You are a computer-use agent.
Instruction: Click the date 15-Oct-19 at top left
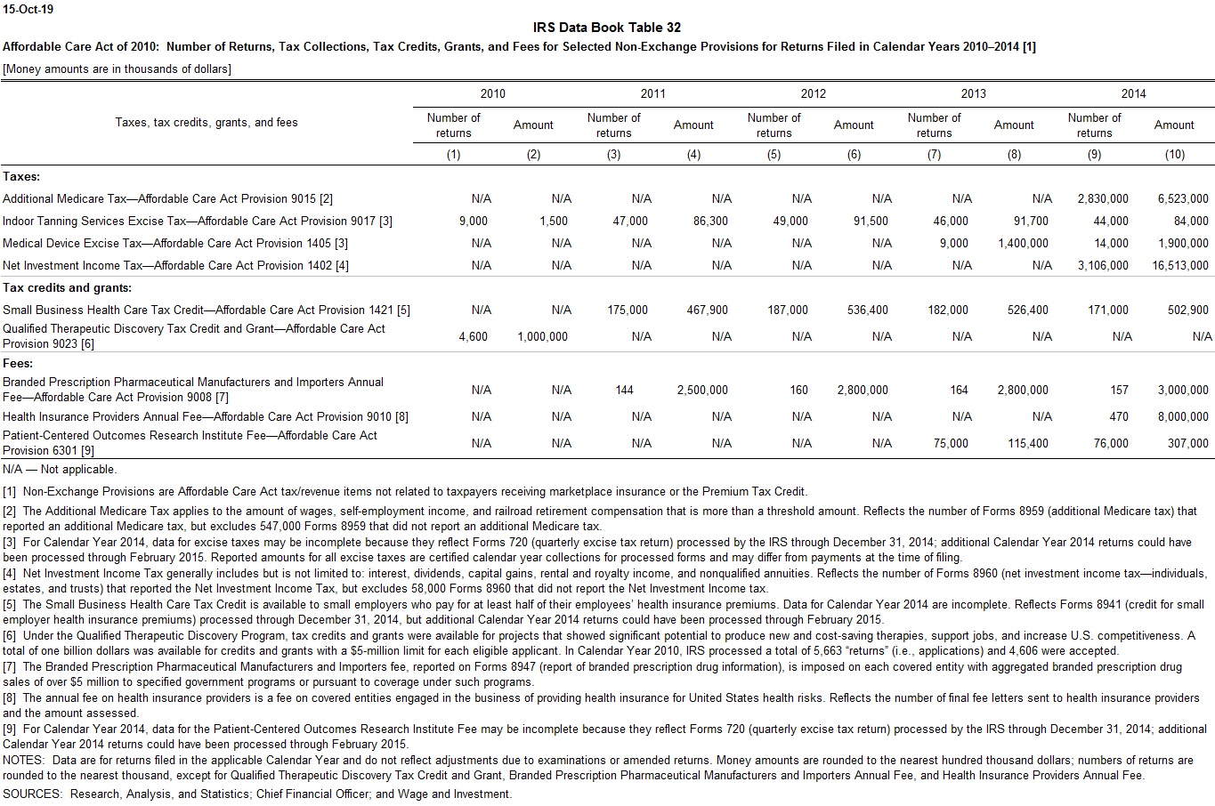(x=28, y=9)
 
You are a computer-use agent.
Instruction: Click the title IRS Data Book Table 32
(x=607, y=28)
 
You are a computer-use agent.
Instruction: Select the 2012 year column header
(x=813, y=93)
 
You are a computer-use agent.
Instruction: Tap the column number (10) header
(x=1174, y=155)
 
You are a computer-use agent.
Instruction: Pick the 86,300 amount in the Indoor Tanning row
(x=710, y=221)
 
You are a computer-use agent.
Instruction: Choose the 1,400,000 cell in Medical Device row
(x=1023, y=243)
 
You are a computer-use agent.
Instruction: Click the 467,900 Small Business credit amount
(x=707, y=310)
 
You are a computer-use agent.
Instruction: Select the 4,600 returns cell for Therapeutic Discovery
(x=473, y=336)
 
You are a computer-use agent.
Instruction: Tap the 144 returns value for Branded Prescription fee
(x=624, y=390)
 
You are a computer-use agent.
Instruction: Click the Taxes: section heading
(x=21, y=177)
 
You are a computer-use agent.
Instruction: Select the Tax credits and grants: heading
(x=67, y=287)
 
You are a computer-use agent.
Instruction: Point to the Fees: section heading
(x=18, y=363)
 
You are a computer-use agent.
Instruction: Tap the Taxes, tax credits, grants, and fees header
(x=206, y=123)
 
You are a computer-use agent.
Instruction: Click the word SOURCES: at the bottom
(x=33, y=794)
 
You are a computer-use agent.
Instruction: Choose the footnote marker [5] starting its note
(x=9, y=605)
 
